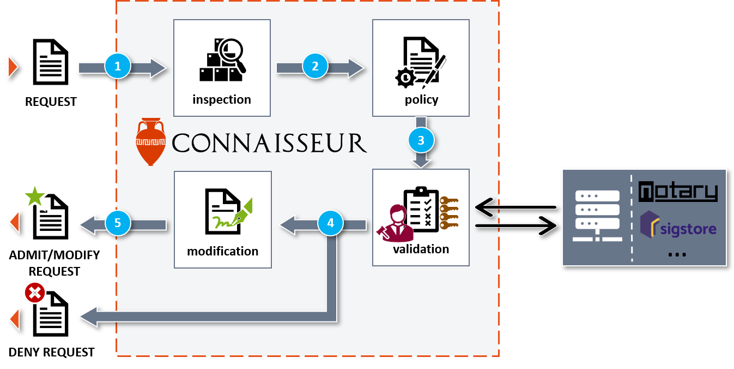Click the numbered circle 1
click(x=118, y=67)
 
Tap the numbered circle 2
click(x=315, y=67)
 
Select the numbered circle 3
click(x=421, y=140)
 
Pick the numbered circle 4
click(x=330, y=223)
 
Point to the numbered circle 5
click(x=118, y=223)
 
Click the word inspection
click(x=222, y=100)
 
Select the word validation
click(x=421, y=249)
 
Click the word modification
click(x=222, y=252)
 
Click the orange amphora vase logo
click(x=150, y=141)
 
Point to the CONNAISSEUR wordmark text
click(x=269, y=143)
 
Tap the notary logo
click(x=678, y=192)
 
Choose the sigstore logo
click(x=678, y=228)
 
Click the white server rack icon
click(x=598, y=216)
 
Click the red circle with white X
click(x=35, y=293)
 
